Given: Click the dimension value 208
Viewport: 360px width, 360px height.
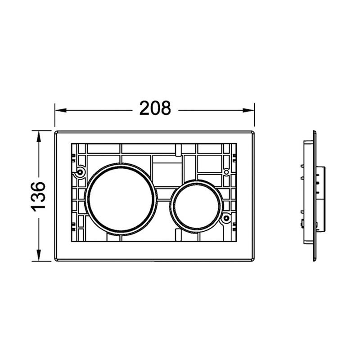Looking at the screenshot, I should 155,108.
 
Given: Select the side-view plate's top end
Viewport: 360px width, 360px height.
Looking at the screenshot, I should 315,132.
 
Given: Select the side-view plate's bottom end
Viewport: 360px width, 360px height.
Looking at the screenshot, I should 315,260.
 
